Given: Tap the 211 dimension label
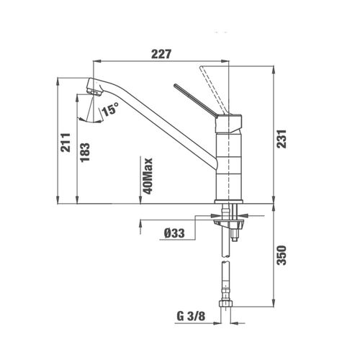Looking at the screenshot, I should click(x=64, y=144).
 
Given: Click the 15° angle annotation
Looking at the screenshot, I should click(x=110, y=110).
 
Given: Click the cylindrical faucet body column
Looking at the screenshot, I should click(x=230, y=166).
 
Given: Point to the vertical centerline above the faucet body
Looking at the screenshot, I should click(x=230, y=72).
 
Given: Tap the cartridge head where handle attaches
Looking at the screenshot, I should click(x=230, y=121).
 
